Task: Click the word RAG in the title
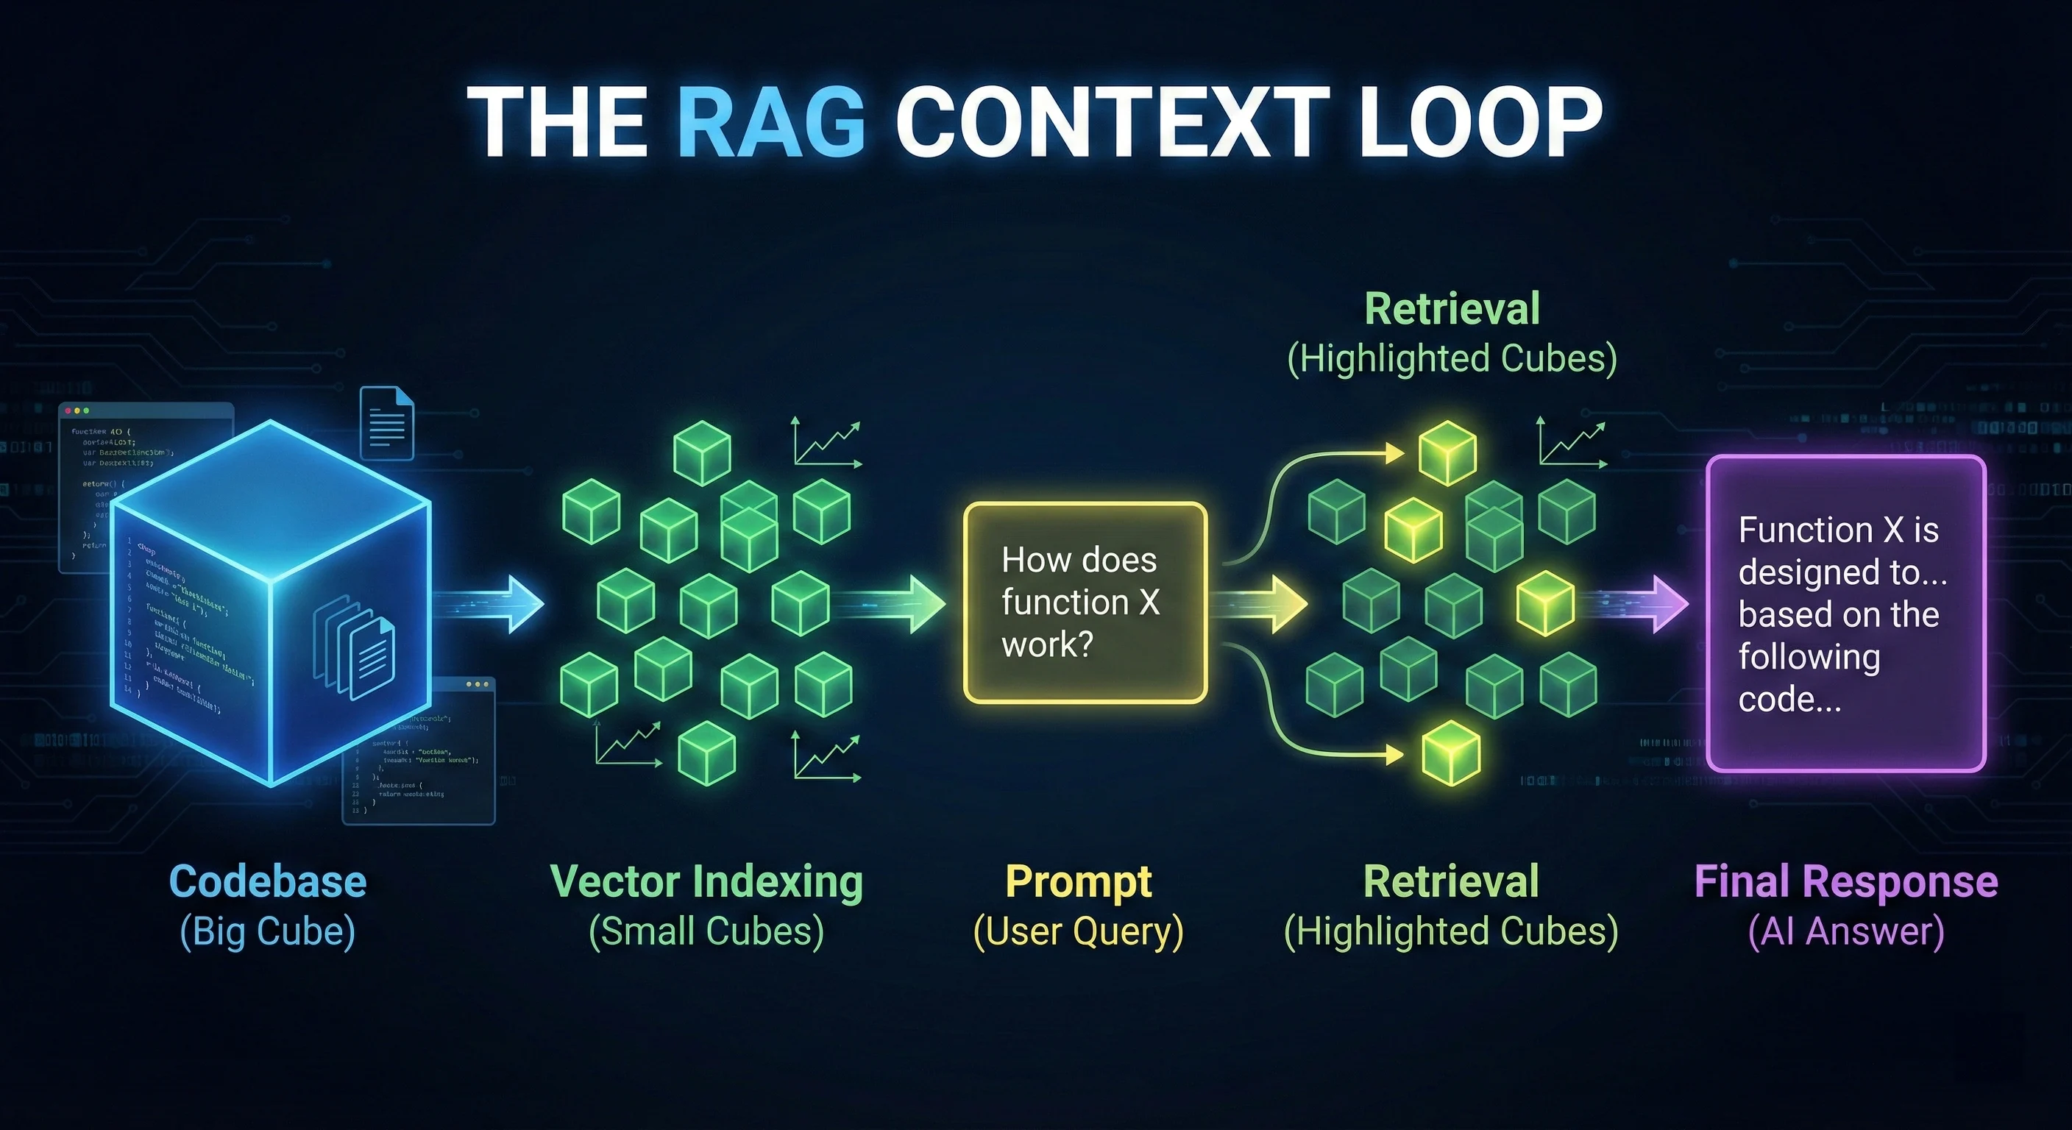pyautogui.click(x=770, y=123)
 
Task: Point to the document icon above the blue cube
pyautogui.click(x=386, y=423)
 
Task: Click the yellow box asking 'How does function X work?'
pyautogui.click(x=1085, y=602)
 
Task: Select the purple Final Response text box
pyautogui.click(x=1845, y=613)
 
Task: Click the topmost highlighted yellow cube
pyautogui.click(x=1447, y=452)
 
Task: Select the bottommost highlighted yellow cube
pyautogui.click(x=1450, y=753)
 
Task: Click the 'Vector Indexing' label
pyautogui.click(x=706, y=881)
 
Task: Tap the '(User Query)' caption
pyautogui.click(x=1078, y=931)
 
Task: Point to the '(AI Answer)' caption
pyautogui.click(x=1846, y=931)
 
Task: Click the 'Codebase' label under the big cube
pyautogui.click(x=268, y=881)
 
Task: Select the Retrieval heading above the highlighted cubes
pyautogui.click(x=1452, y=309)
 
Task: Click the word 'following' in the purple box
pyautogui.click(x=1809, y=657)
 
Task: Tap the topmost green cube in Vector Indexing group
pyautogui.click(x=701, y=452)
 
